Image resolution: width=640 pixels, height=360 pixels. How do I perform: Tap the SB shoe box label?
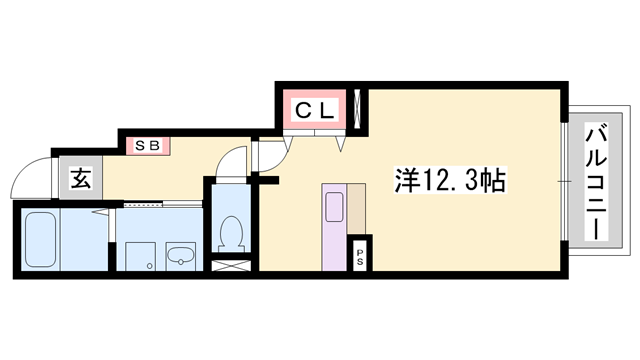pos(148,146)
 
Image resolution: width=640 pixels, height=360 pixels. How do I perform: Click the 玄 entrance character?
pos(81,180)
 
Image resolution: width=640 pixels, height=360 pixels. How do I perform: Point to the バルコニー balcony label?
pos(594,180)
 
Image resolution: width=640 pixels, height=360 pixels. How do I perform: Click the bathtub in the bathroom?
pos(40,237)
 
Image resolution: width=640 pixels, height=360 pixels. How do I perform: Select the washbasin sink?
pos(180,255)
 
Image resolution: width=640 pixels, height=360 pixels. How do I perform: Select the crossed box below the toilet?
pos(231,267)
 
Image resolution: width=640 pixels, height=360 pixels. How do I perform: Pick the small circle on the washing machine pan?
pos(147,267)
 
